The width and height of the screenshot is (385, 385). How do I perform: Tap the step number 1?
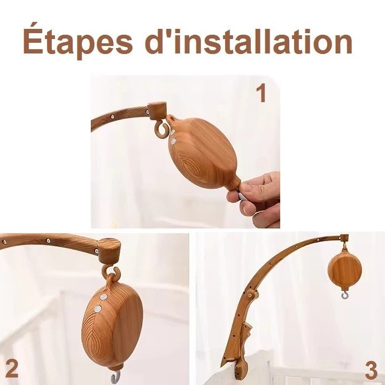coord(261,93)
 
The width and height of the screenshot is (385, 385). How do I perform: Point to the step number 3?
coord(371,370)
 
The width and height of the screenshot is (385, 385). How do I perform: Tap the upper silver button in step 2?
coord(103,297)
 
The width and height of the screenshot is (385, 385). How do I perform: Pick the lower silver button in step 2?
coord(98,309)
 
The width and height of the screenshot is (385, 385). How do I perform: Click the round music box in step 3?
coord(345,269)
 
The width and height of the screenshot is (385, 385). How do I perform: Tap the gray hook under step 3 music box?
coord(344,295)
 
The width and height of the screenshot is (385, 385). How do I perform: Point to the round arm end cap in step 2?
coord(109,251)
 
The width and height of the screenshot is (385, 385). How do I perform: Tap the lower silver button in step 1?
coord(174,141)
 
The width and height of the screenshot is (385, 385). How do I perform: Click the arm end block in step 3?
coord(344,238)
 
